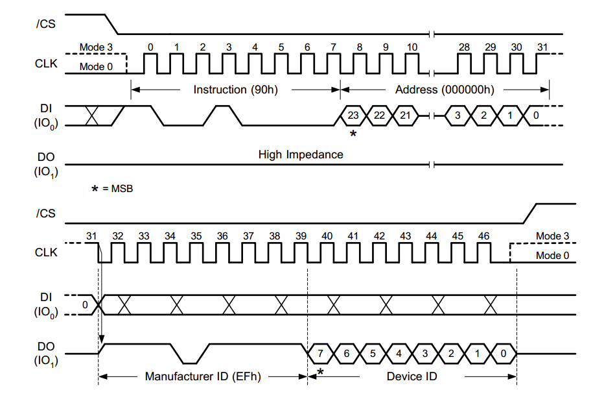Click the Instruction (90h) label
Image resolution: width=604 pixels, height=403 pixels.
[235, 90]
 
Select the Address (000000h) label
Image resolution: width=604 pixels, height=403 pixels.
[444, 90]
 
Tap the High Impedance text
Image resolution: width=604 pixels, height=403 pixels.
[301, 154]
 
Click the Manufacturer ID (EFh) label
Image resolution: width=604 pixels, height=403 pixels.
[202, 376]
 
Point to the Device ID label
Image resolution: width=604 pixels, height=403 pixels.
[412, 376]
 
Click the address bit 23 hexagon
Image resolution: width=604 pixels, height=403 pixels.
[353, 116]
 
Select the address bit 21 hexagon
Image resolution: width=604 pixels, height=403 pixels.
[405, 116]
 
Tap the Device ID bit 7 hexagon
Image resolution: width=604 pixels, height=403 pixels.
[320, 354]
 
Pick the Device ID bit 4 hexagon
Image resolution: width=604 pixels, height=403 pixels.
[399, 354]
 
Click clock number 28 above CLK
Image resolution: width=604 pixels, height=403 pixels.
[464, 47]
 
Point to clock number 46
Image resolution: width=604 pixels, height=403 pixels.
[483, 236]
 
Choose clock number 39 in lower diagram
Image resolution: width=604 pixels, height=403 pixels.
[301, 236]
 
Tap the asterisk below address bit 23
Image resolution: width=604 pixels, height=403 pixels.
[353, 133]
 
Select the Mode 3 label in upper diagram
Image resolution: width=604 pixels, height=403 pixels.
[96, 47]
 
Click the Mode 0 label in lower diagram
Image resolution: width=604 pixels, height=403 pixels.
[552, 255]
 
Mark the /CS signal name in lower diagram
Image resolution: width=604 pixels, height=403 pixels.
[45, 214]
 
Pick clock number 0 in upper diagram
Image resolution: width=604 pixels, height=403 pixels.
[150, 47]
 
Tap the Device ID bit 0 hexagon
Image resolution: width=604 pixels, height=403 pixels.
[503, 354]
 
